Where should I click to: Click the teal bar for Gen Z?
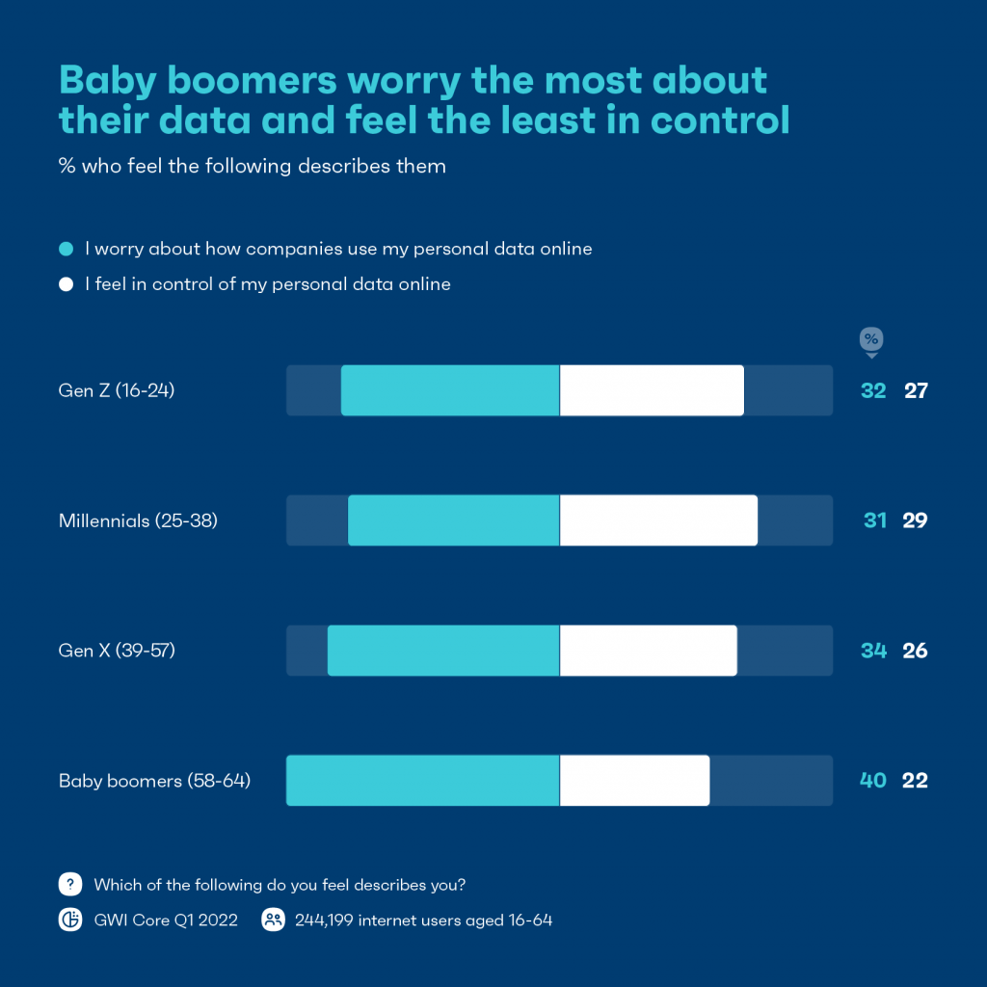pos(450,390)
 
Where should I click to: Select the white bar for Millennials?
pos(658,520)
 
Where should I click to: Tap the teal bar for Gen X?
pos(443,651)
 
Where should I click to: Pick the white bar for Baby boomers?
pos(634,781)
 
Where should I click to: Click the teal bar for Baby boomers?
pos(422,781)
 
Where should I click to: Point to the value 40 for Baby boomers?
pos(872,781)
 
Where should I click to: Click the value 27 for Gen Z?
pos(915,390)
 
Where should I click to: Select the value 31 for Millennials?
pos(874,520)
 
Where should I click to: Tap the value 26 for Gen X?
pos(915,651)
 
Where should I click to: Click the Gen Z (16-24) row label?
pos(117,390)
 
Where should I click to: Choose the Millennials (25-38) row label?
pos(138,520)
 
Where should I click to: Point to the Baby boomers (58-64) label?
pos(154,781)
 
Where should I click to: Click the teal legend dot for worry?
pos(66,249)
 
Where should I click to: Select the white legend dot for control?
pos(66,284)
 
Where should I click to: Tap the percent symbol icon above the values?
pos(871,339)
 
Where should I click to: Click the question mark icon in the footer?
pos(69,884)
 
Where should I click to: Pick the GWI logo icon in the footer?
pos(69,920)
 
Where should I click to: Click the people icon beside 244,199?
pos(274,920)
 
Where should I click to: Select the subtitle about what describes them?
pos(252,166)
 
